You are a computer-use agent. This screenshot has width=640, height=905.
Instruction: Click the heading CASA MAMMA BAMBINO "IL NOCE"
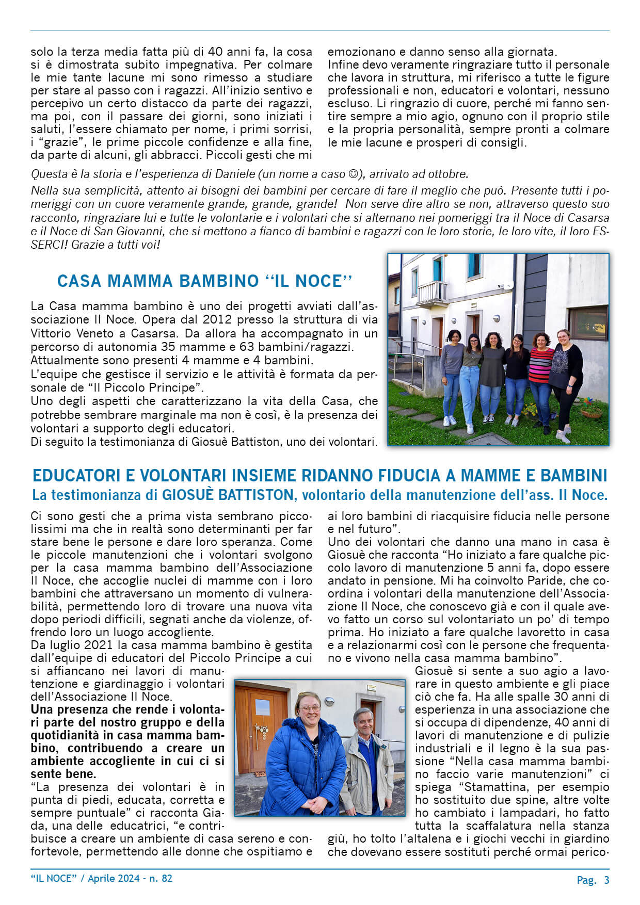pyautogui.click(x=204, y=281)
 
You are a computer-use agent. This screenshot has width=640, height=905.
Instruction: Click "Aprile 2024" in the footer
pyautogui.click(x=114, y=878)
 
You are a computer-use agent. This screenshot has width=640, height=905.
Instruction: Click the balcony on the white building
pyautogui.click(x=431, y=293)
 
